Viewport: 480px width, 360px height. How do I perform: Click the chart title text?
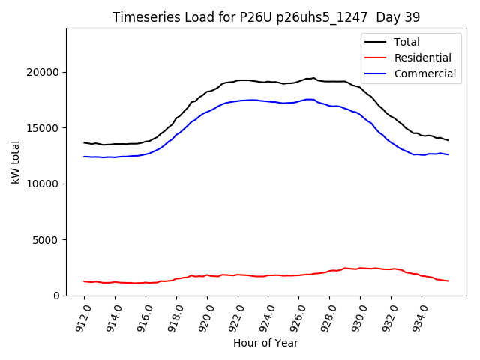[266, 17]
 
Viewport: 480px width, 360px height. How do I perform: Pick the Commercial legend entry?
[424, 73]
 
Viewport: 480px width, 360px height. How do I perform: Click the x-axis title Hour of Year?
[265, 343]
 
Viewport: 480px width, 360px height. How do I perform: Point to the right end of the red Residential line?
[448, 280]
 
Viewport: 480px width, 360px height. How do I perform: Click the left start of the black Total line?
[84, 142]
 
